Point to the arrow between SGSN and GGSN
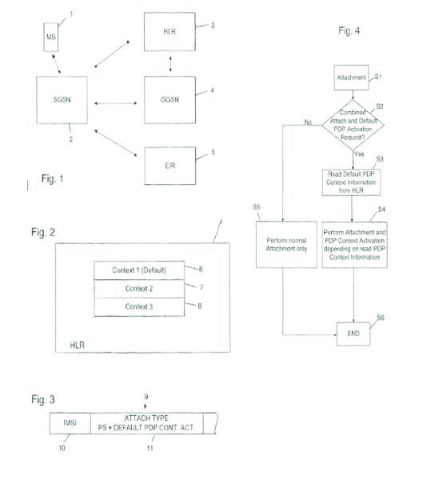point(116,103)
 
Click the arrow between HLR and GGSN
point(170,64)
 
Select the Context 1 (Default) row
point(139,270)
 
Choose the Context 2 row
point(139,289)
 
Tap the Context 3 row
point(139,307)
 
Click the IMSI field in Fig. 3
point(70,423)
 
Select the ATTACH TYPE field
point(147,423)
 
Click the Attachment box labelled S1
point(351,78)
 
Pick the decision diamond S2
point(353,125)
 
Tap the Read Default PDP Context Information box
point(351,182)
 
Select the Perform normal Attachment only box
point(286,245)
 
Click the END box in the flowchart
point(353,334)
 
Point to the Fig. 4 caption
point(349,30)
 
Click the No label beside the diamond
point(308,122)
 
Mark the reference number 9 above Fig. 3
point(146,397)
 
